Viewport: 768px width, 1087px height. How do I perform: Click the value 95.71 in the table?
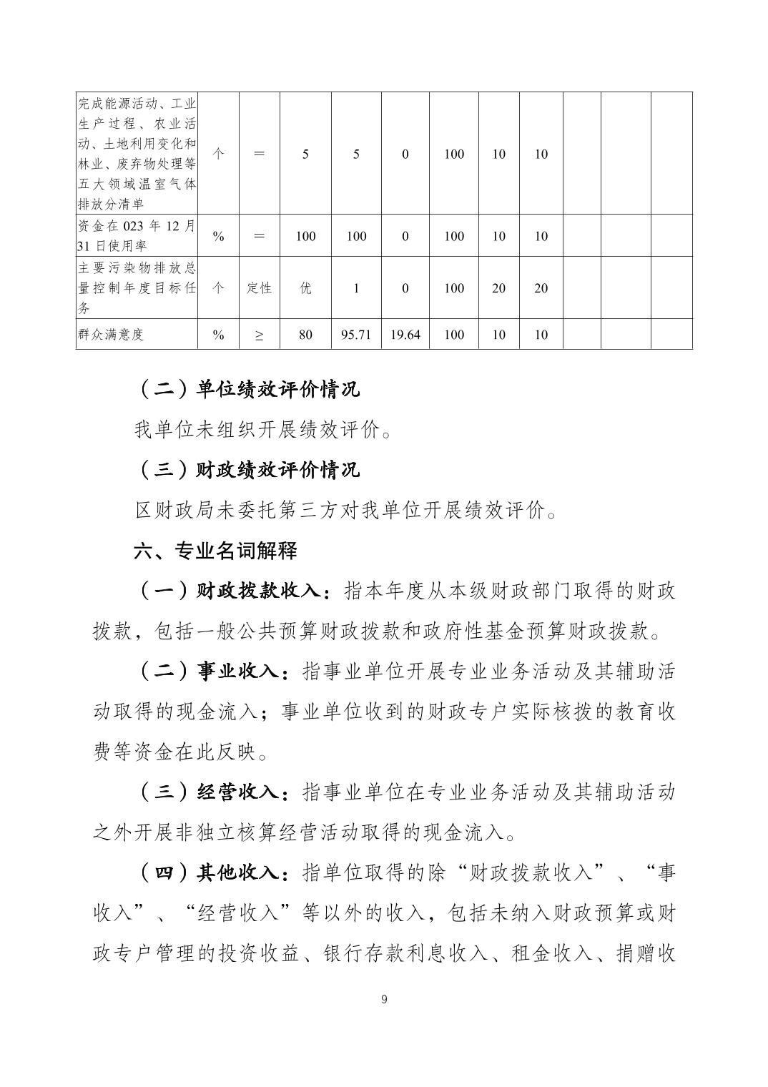point(356,335)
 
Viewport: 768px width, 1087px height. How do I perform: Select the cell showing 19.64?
point(405,335)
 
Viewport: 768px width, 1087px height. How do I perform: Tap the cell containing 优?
point(305,288)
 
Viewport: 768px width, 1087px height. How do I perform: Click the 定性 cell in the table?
point(259,288)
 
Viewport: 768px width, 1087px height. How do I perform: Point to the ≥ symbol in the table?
point(259,335)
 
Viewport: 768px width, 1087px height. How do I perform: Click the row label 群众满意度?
point(110,335)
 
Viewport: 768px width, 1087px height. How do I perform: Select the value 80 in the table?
point(305,335)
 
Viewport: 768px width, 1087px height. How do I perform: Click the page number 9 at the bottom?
point(384,999)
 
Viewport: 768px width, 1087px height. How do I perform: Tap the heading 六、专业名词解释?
point(215,551)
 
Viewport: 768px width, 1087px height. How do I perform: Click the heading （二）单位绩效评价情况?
point(247,390)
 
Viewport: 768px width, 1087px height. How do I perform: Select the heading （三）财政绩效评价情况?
point(247,471)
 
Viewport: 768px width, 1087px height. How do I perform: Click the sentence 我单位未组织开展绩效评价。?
point(263,431)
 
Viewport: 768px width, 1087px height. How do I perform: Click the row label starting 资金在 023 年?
point(136,235)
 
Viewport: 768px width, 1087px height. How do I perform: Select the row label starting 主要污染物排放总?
point(136,287)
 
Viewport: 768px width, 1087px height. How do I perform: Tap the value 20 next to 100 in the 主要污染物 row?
point(498,288)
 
